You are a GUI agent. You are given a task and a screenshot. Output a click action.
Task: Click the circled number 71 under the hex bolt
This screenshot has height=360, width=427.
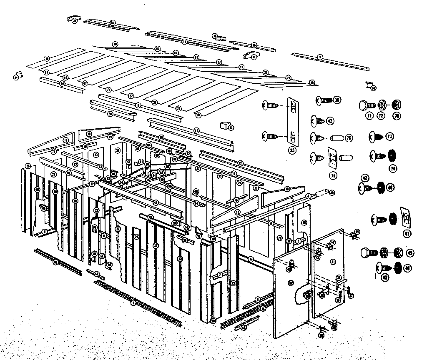tap(369, 116)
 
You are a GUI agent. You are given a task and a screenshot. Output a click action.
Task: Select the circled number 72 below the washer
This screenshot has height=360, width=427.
tap(382, 116)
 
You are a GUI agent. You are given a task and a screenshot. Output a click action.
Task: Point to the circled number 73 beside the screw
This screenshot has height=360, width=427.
tap(390, 136)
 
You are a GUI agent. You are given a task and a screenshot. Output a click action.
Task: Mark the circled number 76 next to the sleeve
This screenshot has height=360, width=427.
tap(349, 138)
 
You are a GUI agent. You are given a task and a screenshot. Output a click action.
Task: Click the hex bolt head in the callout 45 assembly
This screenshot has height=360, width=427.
tap(367, 252)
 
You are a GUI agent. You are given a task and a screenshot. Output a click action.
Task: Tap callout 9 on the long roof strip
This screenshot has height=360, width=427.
tap(320, 57)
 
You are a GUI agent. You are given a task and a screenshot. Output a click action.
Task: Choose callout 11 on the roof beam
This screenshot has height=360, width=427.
tap(196, 130)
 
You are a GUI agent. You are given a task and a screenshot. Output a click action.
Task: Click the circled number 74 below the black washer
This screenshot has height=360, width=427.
tap(392, 169)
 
